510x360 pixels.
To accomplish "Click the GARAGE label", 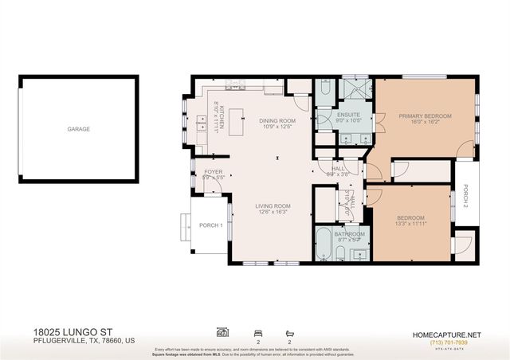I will click(x=78, y=129).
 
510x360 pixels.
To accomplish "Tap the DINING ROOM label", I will click(x=277, y=121).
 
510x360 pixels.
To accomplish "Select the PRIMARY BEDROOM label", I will click(x=425, y=116).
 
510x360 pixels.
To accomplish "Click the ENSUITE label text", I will click(x=348, y=115).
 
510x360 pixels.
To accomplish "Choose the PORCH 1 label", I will click(x=210, y=225).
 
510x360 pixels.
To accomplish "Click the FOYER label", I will click(x=213, y=171).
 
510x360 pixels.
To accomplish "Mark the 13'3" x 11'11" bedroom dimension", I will click(x=410, y=224).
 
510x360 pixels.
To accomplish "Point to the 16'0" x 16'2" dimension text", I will click(x=425, y=123).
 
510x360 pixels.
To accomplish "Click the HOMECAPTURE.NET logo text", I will click(x=446, y=334).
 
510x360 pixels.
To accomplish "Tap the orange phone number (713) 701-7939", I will click(x=446, y=342).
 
